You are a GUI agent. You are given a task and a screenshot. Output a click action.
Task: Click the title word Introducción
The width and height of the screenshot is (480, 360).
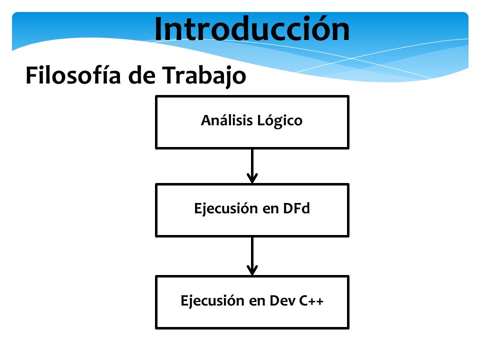click(x=252, y=29)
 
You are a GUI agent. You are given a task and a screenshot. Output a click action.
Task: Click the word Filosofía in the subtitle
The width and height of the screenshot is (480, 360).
click(x=73, y=75)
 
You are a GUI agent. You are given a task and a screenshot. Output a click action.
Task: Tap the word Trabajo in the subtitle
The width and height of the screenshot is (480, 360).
click(x=204, y=75)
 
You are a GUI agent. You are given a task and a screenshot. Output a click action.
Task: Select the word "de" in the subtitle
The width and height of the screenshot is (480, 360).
click(x=141, y=75)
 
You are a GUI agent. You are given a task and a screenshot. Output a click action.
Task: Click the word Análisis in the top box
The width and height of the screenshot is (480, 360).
click(x=227, y=120)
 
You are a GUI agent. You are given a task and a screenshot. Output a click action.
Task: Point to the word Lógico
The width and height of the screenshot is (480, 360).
click(x=280, y=121)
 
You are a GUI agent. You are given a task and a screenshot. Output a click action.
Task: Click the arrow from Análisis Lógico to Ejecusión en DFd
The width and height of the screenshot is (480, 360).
click(x=252, y=166)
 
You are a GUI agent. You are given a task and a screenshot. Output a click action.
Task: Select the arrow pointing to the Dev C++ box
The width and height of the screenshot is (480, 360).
click(x=252, y=256)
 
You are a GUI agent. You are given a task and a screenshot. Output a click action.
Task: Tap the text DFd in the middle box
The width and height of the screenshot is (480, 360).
click(x=296, y=208)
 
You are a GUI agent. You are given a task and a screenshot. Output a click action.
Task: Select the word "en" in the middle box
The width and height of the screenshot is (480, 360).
click(x=270, y=209)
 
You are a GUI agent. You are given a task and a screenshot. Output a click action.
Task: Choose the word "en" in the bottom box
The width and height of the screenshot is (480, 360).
click(x=257, y=301)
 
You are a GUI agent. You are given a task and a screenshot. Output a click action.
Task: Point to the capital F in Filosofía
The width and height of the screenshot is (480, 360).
click(x=32, y=75)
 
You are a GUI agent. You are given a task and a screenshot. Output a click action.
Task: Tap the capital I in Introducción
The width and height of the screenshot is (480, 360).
click(x=158, y=29)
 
